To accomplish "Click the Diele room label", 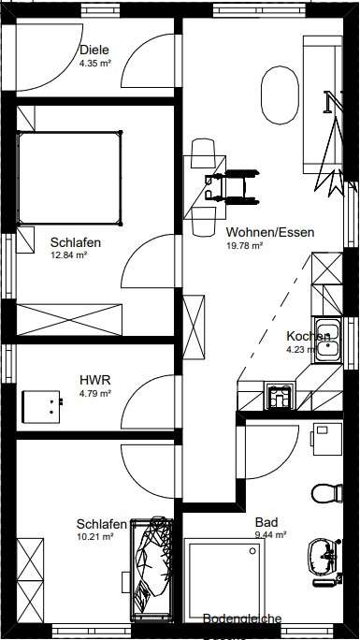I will pos(94,51).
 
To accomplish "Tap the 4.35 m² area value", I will pos(95,65).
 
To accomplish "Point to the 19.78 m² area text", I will pos(244,246).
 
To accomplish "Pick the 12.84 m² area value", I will pos(69,255).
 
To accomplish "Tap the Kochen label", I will pos(308,337).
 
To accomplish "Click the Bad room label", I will pos(266,524).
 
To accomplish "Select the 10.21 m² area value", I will pos(95,537).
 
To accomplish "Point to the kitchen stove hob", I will pos(279,396).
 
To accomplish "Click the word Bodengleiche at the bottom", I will pos(242,618).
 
